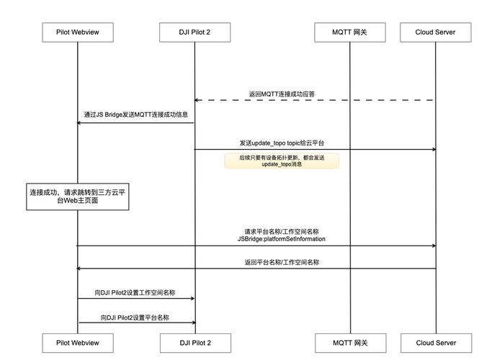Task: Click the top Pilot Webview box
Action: [x=77, y=32]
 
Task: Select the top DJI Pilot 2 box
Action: [x=194, y=32]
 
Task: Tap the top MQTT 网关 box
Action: [x=350, y=32]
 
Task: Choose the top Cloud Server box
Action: [x=436, y=32]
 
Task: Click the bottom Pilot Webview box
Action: [x=77, y=343]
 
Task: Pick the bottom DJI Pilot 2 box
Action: [x=194, y=343]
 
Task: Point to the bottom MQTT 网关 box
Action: [x=350, y=343]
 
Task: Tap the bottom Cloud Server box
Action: [x=436, y=343]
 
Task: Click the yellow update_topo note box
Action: [x=282, y=161]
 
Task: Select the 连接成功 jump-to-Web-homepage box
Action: [x=78, y=197]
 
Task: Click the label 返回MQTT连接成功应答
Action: [x=282, y=94]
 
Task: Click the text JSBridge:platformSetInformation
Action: [x=281, y=238]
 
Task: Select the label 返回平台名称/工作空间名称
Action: [x=281, y=262]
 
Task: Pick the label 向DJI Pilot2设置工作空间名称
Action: [x=135, y=293]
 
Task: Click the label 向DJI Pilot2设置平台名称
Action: [x=135, y=318]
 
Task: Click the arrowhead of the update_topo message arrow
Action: [x=434, y=150]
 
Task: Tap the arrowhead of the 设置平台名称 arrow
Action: [x=192, y=323]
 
